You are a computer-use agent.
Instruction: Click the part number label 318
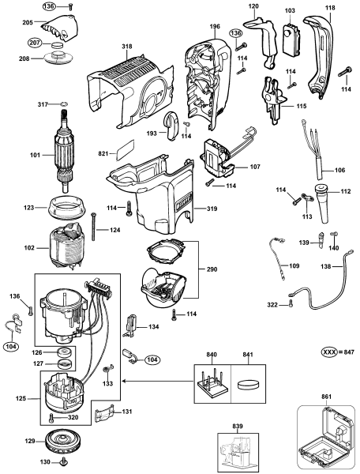tap(127, 47)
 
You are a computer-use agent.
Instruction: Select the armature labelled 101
tap(65, 150)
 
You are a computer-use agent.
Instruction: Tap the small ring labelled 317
tap(63, 104)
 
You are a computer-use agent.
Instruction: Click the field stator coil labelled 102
tap(67, 245)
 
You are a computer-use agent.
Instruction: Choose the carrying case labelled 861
tap(326, 439)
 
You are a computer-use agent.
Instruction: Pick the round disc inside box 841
tap(248, 386)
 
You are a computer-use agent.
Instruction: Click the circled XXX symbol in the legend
tap(329, 352)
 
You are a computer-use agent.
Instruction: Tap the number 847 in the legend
tap(350, 352)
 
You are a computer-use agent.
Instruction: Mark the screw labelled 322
tap(291, 303)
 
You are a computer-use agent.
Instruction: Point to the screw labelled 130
tap(64, 461)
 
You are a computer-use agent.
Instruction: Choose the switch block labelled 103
tap(291, 37)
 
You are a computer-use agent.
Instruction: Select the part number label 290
tap(212, 269)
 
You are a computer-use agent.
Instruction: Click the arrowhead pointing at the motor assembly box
tap(123, 382)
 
